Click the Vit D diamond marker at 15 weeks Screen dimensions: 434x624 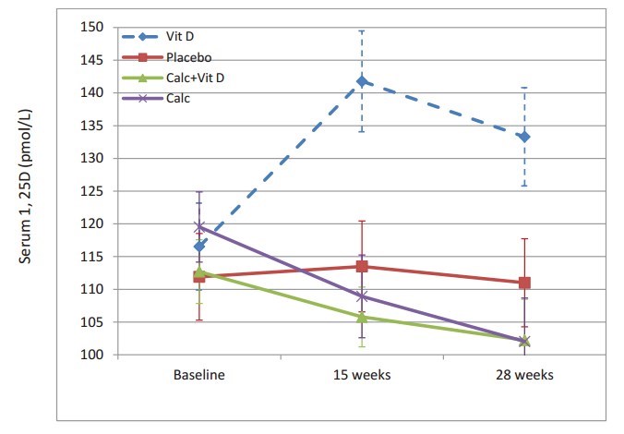tap(362, 81)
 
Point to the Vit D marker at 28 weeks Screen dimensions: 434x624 tap(524, 137)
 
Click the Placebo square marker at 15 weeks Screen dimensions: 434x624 tap(362, 266)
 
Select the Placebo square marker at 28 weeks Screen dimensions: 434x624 tap(524, 283)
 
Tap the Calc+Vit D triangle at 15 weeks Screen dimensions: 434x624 tap(362, 317)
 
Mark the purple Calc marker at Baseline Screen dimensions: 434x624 tap(199, 226)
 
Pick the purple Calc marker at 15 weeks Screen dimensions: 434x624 tap(362, 296)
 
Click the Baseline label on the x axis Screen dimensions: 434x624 tap(199, 376)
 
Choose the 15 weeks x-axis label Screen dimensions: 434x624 tap(362, 376)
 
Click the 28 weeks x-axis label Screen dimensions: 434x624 tap(524, 376)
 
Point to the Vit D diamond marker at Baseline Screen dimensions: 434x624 tap(199, 246)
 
